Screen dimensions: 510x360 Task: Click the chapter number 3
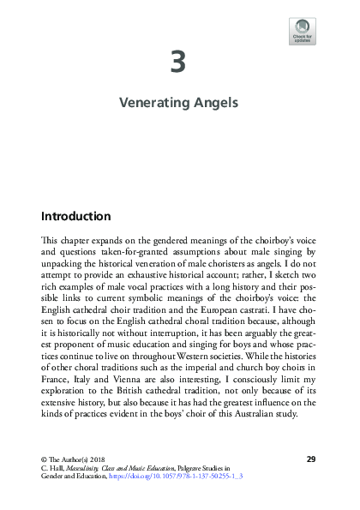click(x=178, y=63)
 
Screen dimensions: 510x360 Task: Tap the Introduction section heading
click(x=75, y=215)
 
